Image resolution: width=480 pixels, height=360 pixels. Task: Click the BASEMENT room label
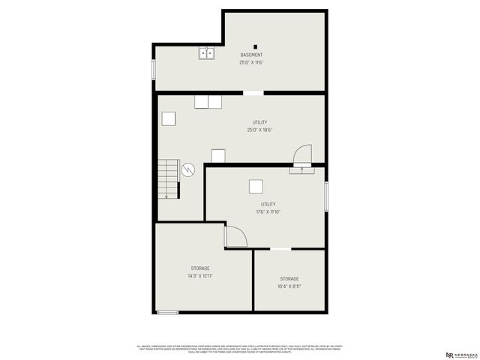pyautogui.click(x=251, y=55)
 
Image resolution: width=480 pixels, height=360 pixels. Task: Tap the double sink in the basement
pyautogui.click(x=207, y=52)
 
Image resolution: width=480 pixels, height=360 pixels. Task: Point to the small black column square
pyautogui.click(x=255, y=46)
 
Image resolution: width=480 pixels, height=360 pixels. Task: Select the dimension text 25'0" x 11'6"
pyautogui.click(x=251, y=62)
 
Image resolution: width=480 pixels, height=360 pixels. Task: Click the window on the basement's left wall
pyautogui.click(x=154, y=69)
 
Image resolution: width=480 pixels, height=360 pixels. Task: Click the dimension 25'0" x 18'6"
pyautogui.click(x=259, y=130)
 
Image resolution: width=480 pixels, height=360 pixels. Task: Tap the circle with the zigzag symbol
pyautogui.click(x=188, y=169)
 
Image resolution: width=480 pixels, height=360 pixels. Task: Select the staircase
pyautogui.click(x=169, y=179)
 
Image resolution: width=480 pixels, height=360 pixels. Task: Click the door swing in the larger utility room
pyautogui.click(x=301, y=154)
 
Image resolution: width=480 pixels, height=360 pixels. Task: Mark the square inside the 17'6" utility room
pyautogui.click(x=256, y=187)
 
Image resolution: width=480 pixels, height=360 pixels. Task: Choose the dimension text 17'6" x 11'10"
pyautogui.click(x=268, y=211)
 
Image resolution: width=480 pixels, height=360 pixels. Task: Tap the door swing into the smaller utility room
pyautogui.click(x=235, y=236)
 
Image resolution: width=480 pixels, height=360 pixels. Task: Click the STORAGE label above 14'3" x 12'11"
pyautogui.click(x=200, y=268)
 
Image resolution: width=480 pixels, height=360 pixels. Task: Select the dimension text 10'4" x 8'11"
pyautogui.click(x=289, y=286)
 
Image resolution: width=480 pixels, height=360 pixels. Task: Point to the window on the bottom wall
pyautogui.click(x=168, y=312)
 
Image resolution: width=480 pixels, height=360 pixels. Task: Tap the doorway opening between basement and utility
pyautogui.click(x=253, y=93)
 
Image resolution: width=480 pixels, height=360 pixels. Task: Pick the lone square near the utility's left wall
pyautogui.click(x=169, y=118)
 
